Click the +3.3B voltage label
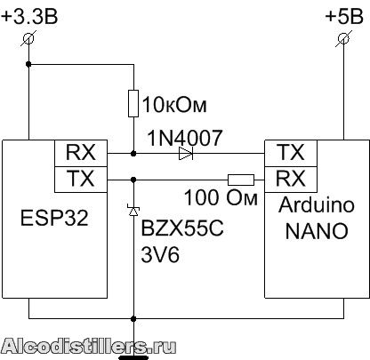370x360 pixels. (x=29, y=16)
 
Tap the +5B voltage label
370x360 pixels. (x=344, y=16)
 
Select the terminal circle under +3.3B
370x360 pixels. (x=28, y=38)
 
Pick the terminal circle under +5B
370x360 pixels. (x=344, y=38)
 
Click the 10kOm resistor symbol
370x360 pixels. (x=133, y=103)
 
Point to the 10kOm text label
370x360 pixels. (x=174, y=105)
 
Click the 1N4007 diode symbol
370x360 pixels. (x=186, y=154)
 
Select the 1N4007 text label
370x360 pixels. (x=185, y=138)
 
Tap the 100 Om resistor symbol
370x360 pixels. (x=241, y=180)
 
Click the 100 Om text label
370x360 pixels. (x=221, y=197)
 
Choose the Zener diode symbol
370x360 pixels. (x=133, y=211)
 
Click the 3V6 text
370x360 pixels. (x=160, y=254)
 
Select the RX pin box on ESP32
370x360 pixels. (x=81, y=153)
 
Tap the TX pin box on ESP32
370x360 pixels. (x=81, y=180)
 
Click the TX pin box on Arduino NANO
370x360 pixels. (x=291, y=153)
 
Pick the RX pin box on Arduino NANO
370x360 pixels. (x=291, y=180)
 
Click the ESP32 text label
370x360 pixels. (x=54, y=218)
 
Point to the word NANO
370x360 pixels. (x=317, y=231)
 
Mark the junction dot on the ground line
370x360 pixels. (x=133, y=319)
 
